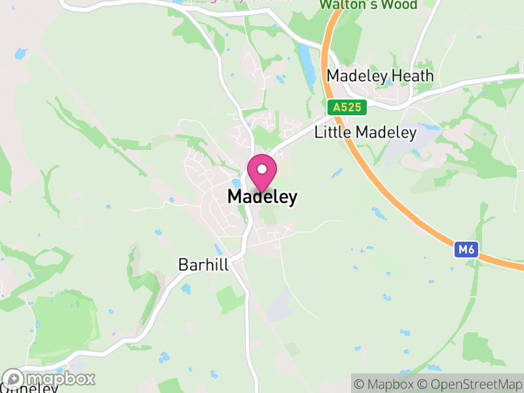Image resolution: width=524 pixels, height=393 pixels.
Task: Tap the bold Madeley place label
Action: click(x=262, y=196)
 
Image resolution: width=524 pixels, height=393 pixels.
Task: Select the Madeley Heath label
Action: click(x=380, y=76)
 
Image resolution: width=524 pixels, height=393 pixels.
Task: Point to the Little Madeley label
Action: click(x=365, y=132)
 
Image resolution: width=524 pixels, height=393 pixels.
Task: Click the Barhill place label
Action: click(x=203, y=265)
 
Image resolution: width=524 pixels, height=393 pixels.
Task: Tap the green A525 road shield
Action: click(x=346, y=107)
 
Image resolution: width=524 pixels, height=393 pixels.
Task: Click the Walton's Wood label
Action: click(x=368, y=5)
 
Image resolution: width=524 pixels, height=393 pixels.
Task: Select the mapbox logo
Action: click(x=49, y=379)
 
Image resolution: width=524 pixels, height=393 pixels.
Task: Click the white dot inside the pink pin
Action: click(x=261, y=168)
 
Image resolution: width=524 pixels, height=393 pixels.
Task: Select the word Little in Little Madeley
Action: click(x=332, y=132)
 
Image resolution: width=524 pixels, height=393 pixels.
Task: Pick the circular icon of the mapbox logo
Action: click(x=14, y=379)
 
